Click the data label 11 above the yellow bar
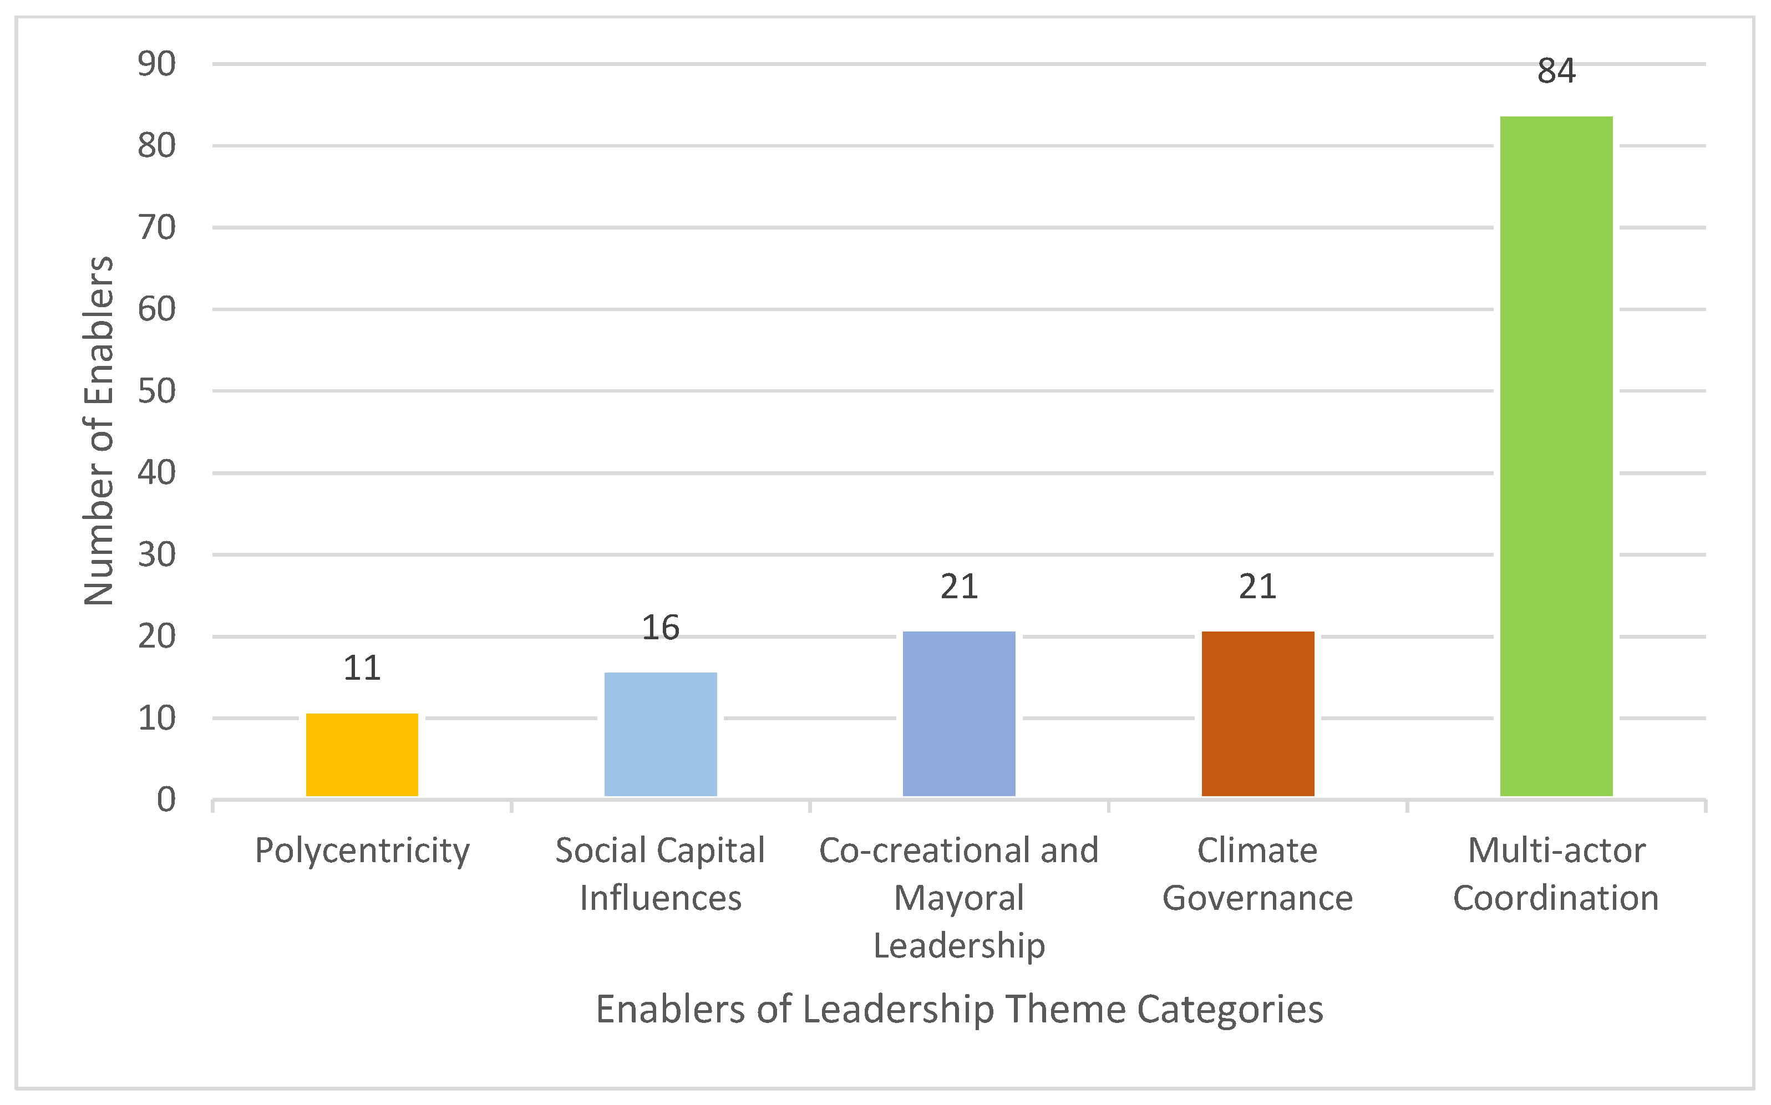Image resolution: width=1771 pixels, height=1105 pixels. coord(362,668)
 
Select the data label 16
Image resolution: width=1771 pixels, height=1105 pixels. coord(660,628)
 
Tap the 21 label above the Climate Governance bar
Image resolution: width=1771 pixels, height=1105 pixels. coord(1257,587)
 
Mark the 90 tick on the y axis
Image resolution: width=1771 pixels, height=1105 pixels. coord(156,64)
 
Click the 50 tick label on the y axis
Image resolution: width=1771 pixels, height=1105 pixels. coord(156,391)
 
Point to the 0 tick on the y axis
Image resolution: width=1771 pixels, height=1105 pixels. coord(166,800)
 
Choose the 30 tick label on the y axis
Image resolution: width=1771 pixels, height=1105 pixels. coord(156,554)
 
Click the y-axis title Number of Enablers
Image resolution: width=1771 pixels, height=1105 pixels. coord(99,431)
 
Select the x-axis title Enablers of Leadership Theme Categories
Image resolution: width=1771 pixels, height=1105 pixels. coord(959,1009)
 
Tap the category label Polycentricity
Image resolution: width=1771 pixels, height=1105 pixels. coord(362,851)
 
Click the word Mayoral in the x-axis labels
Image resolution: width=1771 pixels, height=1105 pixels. coord(958,898)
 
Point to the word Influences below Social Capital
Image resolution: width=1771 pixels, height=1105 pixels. coord(660,898)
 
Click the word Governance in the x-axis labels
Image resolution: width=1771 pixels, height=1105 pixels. coord(1257,898)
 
